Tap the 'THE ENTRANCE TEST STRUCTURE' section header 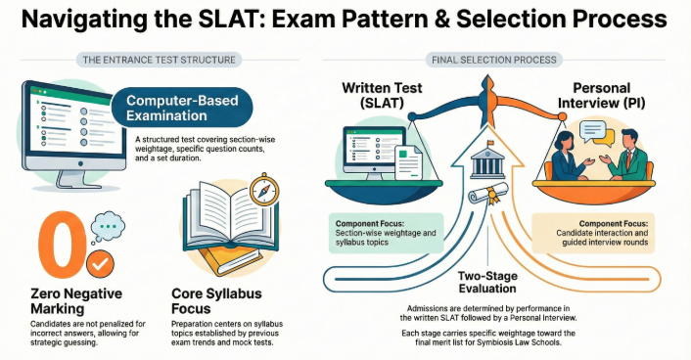point(160,60)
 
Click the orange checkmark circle point(99,264)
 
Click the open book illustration point(222,229)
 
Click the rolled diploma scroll point(487,196)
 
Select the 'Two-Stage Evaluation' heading point(487,284)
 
